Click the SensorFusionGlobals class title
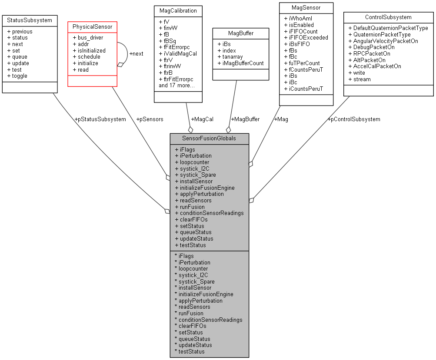click(x=209, y=139)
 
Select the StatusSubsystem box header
click(x=30, y=20)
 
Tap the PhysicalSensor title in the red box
click(x=92, y=27)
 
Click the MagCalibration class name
click(x=178, y=10)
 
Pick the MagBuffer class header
click(x=240, y=33)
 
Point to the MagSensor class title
click(x=306, y=7)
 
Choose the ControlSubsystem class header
click(x=389, y=17)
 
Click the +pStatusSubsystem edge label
click(x=100, y=119)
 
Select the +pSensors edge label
click(x=150, y=119)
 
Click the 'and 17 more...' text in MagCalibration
click(x=176, y=86)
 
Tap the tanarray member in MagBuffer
click(x=230, y=57)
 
